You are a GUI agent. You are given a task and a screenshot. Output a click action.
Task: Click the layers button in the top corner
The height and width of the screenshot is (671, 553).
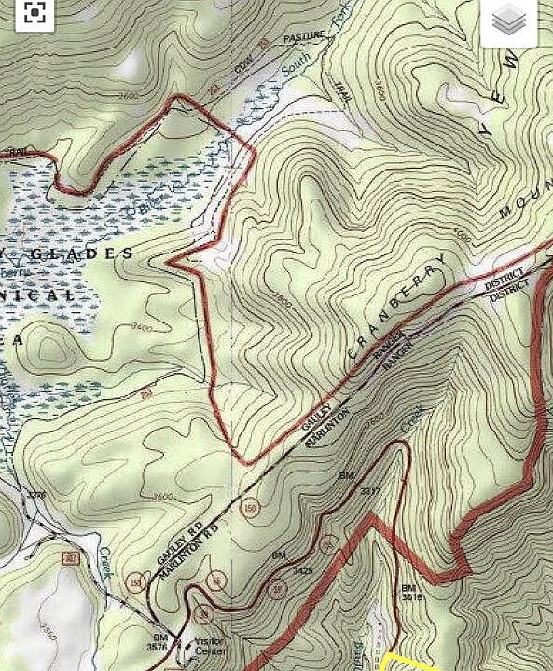pos(509,21)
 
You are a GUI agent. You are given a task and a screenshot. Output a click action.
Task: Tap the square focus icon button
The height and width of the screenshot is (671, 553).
pos(35,13)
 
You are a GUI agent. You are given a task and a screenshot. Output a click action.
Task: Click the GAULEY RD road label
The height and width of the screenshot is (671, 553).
pos(179,544)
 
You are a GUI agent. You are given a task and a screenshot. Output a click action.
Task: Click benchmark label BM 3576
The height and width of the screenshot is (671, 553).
pos(158,642)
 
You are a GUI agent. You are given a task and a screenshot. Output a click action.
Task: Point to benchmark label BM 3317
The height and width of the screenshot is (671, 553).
pos(358,484)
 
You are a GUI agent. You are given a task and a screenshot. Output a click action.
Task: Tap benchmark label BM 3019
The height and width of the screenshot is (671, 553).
pos(411,594)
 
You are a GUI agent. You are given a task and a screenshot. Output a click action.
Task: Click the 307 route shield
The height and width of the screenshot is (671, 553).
pos(71,558)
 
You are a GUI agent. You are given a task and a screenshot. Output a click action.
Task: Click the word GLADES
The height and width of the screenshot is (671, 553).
pos(83,253)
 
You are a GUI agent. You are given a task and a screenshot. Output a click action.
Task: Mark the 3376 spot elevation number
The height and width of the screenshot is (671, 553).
pos(36,495)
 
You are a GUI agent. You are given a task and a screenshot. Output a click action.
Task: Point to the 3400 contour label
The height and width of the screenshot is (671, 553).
pos(142,327)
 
